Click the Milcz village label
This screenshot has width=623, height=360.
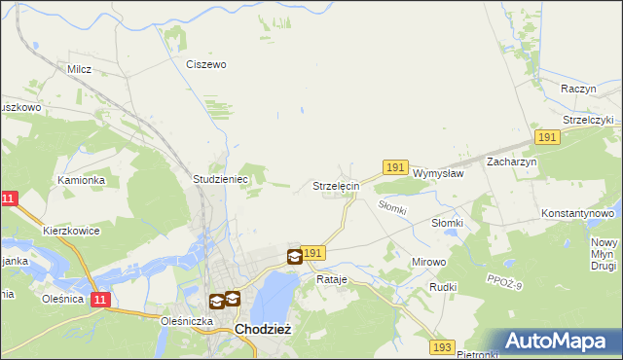[x=79, y=69]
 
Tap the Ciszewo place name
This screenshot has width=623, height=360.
[x=205, y=64]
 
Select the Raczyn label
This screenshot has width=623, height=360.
[x=578, y=88]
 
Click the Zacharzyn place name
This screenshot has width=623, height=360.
[x=512, y=162]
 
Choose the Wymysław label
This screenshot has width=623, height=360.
[x=438, y=173]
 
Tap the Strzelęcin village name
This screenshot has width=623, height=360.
[x=336, y=185]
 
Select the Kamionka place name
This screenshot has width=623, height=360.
[x=80, y=180]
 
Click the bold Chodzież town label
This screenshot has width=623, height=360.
[x=263, y=330]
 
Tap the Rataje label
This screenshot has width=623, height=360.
[x=332, y=279]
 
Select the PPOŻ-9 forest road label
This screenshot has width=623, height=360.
[x=505, y=282]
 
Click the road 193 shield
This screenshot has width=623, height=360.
[x=443, y=347]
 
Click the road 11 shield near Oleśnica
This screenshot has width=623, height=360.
[x=100, y=301]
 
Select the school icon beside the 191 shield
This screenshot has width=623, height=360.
[x=294, y=257]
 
